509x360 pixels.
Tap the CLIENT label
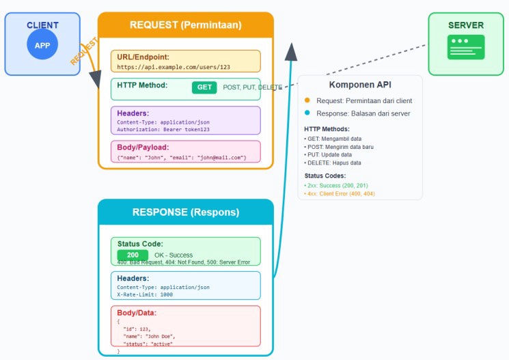[x=42, y=25]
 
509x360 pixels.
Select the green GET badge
[x=204, y=87]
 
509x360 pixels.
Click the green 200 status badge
[x=133, y=255]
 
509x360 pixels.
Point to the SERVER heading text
[x=466, y=25]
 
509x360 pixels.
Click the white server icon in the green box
[x=466, y=47]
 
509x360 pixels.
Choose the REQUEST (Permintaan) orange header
[x=185, y=25]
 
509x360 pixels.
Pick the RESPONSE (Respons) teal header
[x=185, y=212]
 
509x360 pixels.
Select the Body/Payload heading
[x=144, y=148]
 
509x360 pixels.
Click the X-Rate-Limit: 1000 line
[x=145, y=294]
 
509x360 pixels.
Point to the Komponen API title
[x=360, y=85]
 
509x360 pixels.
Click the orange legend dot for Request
[x=307, y=100]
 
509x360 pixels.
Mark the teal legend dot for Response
[x=307, y=113]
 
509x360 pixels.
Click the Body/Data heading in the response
[x=137, y=312]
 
